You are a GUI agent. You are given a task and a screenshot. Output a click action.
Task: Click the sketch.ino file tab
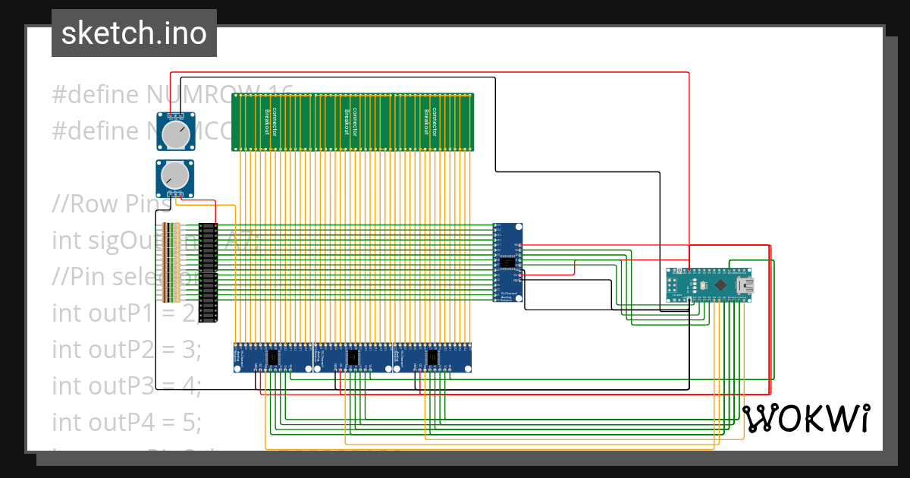click(134, 33)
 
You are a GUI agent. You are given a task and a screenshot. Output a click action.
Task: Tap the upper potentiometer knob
click(175, 136)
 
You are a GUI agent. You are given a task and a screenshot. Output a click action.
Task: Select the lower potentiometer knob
click(174, 176)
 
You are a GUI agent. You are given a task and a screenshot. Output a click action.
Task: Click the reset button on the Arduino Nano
click(702, 285)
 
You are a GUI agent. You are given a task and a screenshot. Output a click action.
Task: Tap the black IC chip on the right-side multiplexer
click(508, 263)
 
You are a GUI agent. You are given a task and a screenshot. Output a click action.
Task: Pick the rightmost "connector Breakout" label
click(431, 121)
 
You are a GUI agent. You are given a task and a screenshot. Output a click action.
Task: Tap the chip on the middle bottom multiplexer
click(353, 357)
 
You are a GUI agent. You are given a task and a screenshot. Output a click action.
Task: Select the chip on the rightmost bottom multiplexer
click(432, 357)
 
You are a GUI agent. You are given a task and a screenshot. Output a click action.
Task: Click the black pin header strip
click(208, 272)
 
